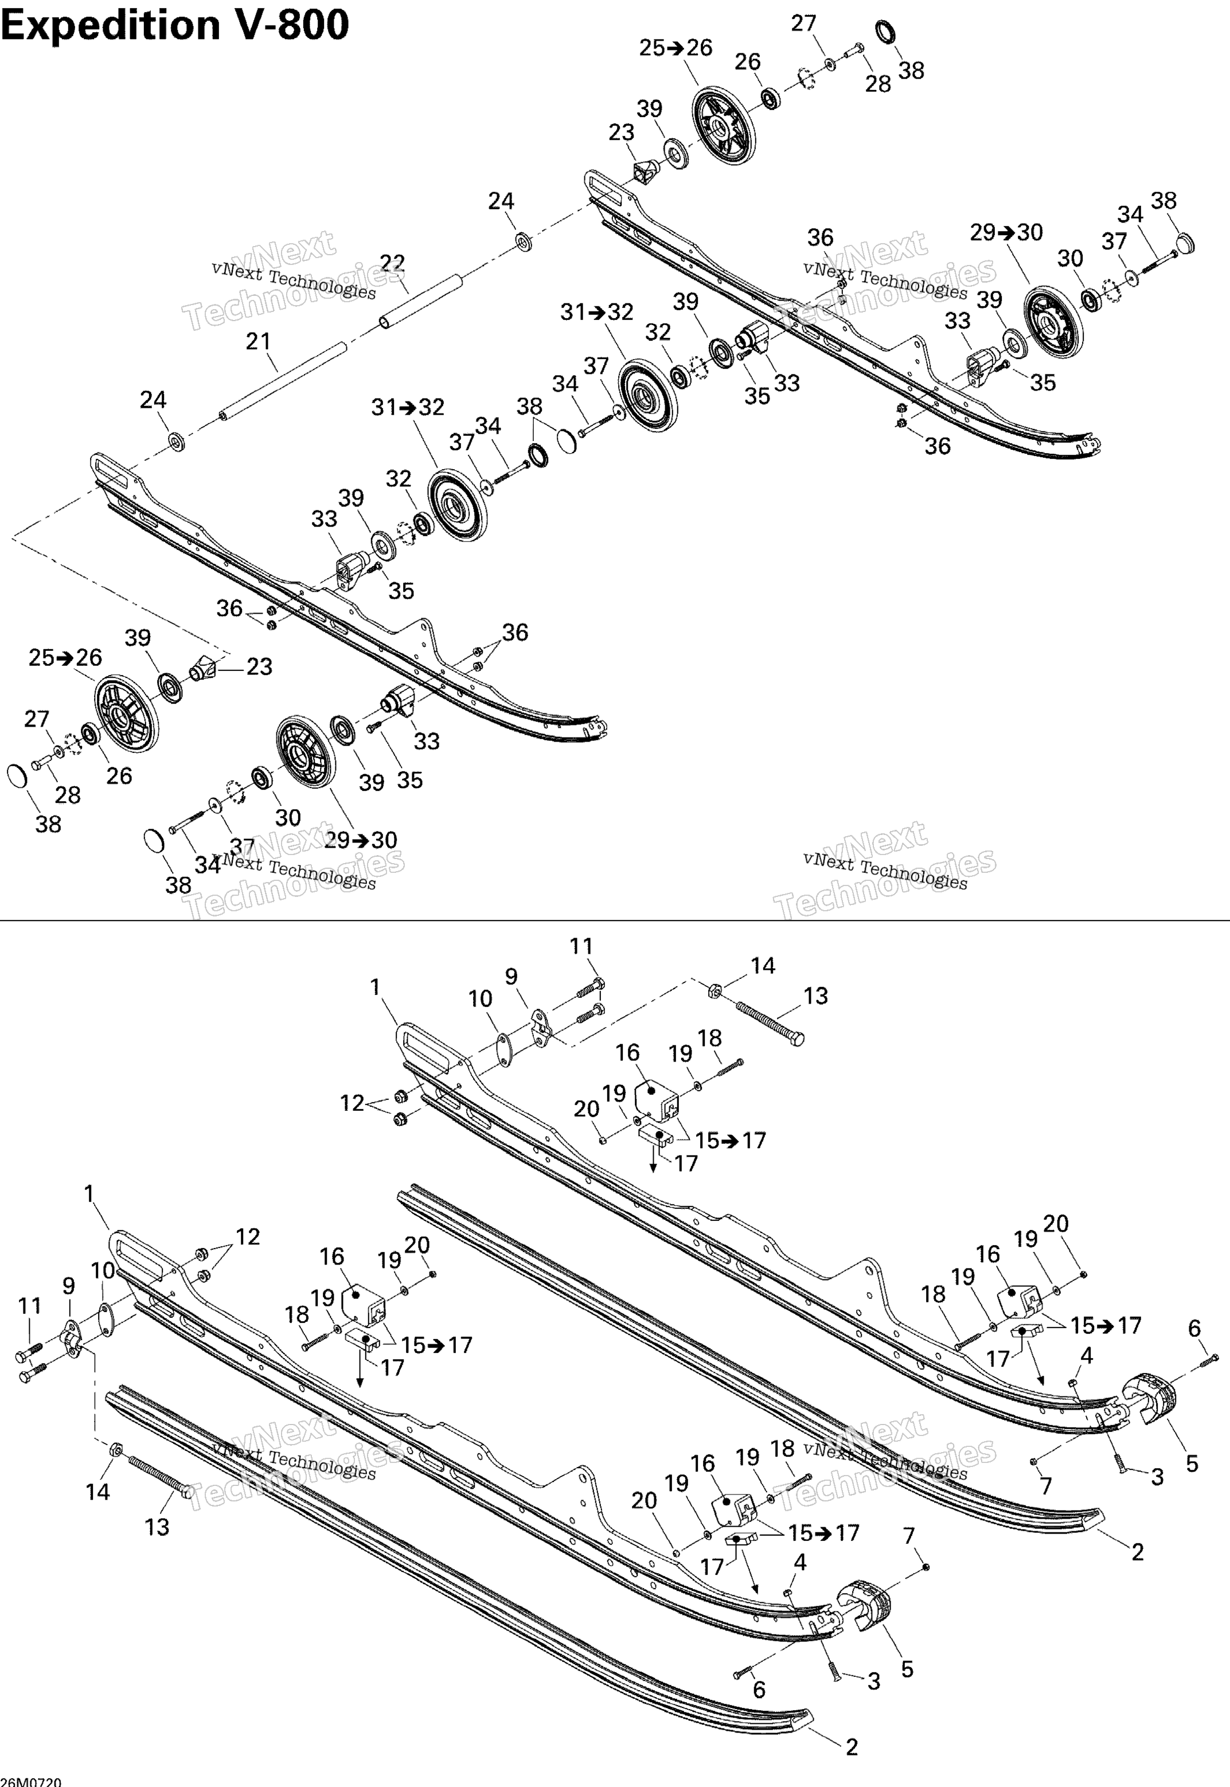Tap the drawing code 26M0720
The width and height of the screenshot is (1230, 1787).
[32, 1781]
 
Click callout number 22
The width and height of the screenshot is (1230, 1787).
[392, 263]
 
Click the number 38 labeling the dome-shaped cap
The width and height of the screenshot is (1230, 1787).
[1163, 200]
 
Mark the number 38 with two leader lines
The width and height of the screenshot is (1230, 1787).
[529, 406]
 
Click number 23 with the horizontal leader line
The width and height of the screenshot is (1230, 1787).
[259, 666]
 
